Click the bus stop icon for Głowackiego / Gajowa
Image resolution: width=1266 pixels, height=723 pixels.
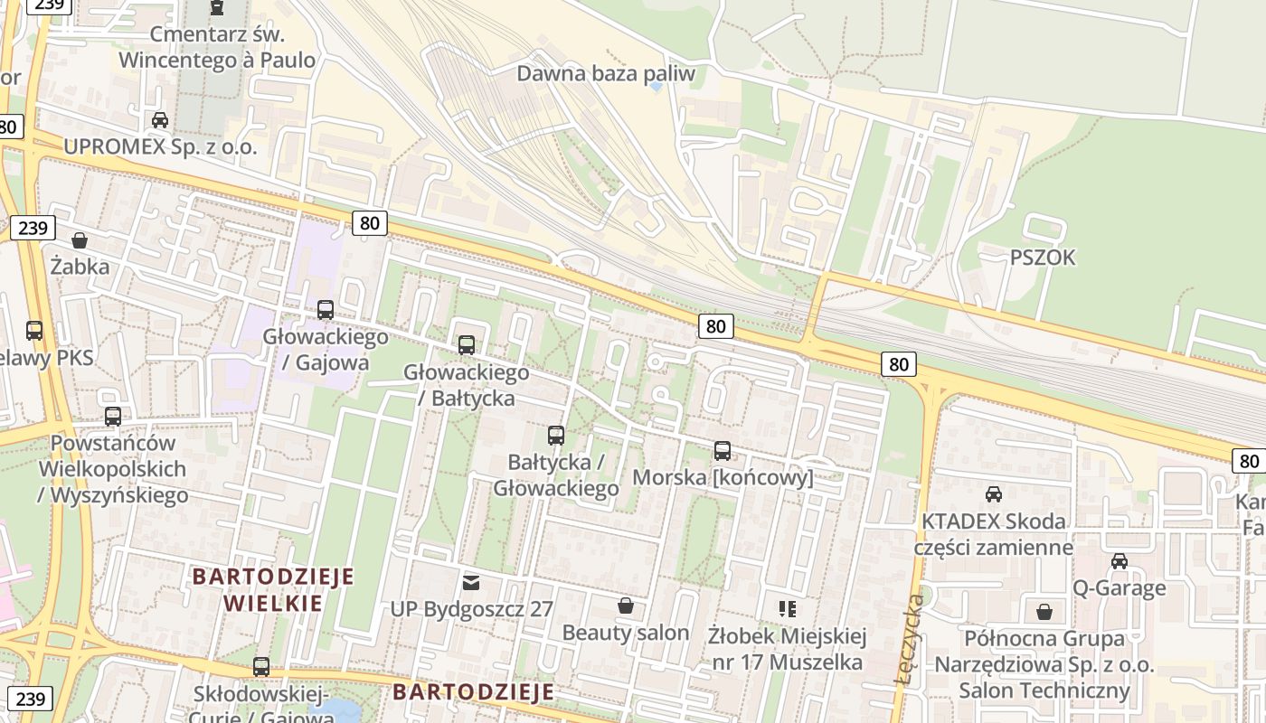[x=326, y=310]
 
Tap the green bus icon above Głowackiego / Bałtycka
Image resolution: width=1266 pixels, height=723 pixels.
[x=466, y=344]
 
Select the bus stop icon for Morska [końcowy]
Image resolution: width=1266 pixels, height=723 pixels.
[x=722, y=451]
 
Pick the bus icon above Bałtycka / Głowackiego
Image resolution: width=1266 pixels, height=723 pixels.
[x=555, y=436]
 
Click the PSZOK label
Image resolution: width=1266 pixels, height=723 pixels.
[x=1043, y=258]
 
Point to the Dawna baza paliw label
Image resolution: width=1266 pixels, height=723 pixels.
[x=606, y=73]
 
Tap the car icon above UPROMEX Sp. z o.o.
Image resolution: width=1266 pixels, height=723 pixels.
[x=160, y=120]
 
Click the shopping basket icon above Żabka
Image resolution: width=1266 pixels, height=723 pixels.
[x=80, y=240]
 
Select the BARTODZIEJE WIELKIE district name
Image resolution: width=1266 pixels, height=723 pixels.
[x=273, y=589]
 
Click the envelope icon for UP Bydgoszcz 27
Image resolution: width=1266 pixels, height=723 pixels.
[x=470, y=582]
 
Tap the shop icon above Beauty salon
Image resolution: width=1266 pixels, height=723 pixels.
[x=625, y=606]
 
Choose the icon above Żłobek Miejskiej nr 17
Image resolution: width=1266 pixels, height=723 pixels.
[x=787, y=609]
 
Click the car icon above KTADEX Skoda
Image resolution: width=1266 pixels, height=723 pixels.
[x=993, y=494]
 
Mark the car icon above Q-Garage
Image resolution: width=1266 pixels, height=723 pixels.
[x=1119, y=561]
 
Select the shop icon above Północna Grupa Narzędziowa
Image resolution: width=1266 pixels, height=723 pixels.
[x=1044, y=612]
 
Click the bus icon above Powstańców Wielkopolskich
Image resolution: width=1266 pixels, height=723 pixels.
[x=113, y=417]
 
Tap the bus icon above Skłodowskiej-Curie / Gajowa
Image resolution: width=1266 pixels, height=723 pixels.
[x=261, y=667]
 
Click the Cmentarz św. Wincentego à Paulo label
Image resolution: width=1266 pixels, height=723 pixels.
[x=217, y=48]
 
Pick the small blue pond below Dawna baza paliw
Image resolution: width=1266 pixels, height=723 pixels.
[x=656, y=88]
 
